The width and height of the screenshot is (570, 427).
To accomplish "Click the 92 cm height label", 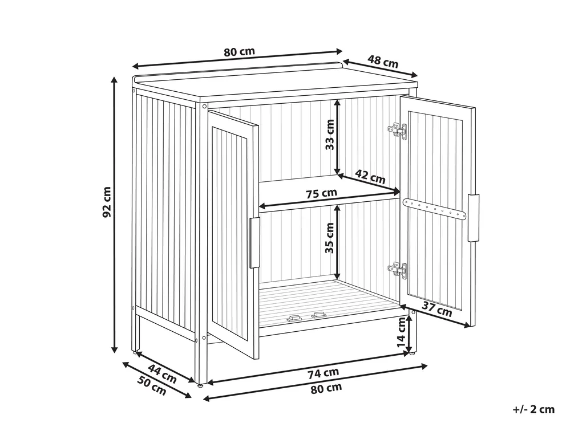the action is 107,202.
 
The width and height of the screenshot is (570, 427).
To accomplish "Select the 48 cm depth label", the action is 383,62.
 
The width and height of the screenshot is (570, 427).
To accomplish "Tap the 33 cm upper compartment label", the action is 330,135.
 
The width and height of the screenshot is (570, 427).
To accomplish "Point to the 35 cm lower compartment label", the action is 329,238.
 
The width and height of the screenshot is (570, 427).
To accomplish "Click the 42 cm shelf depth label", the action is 370,177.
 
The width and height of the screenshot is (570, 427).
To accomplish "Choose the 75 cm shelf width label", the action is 321,193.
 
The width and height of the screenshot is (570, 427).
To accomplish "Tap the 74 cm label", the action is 323,373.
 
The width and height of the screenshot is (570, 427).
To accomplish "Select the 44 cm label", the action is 162,374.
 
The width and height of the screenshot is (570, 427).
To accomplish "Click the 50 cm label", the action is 152,385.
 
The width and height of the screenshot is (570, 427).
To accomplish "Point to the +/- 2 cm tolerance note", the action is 533,409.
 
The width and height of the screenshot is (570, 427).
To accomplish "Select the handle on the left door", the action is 254,243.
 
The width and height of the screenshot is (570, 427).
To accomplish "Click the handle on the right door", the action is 474,218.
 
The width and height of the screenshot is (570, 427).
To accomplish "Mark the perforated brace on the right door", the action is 434,209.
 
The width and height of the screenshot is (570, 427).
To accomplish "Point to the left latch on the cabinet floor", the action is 294,319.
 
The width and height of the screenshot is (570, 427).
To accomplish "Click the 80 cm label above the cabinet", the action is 239,51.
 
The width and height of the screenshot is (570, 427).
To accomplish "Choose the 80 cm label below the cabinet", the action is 326,388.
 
